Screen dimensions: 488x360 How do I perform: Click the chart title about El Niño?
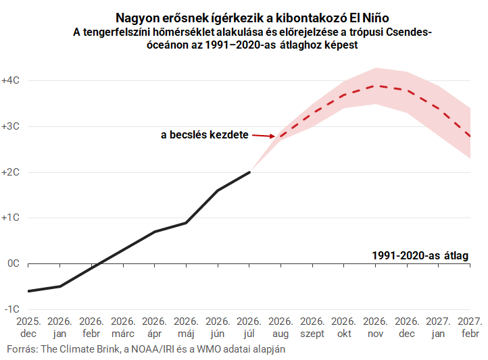click(252, 18)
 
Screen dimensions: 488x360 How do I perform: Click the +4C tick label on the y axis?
click(11, 80)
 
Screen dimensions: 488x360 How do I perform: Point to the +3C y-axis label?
click(11, 126)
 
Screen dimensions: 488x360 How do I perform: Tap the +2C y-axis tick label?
click(11, 172)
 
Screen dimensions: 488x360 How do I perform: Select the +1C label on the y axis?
click(11, 217)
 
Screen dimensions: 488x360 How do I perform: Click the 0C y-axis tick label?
click(14, 263)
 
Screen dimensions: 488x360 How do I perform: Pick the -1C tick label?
click(12, 309)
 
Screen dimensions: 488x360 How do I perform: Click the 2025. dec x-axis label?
click(28, 328)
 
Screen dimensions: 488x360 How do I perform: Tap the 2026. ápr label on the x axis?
click(155, 328)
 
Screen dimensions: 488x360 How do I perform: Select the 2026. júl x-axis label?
click(249, 328)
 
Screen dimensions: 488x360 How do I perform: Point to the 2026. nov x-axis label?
click(375, 328)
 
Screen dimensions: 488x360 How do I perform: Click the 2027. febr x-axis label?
click(470, 328)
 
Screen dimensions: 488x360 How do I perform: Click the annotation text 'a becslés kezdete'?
click(205, 134)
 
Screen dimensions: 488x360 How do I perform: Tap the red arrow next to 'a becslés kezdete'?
click(264, 136)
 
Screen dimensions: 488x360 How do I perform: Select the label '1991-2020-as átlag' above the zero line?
click(420, 255)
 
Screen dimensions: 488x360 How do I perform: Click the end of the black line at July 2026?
click(249, 172)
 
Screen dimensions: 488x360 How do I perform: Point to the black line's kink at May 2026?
click(186, 223)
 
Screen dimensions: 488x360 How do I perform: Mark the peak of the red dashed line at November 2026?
click(376, 86)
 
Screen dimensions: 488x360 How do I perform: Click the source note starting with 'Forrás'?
click(146, 349)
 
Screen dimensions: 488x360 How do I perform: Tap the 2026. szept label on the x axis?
click(312, 328)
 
